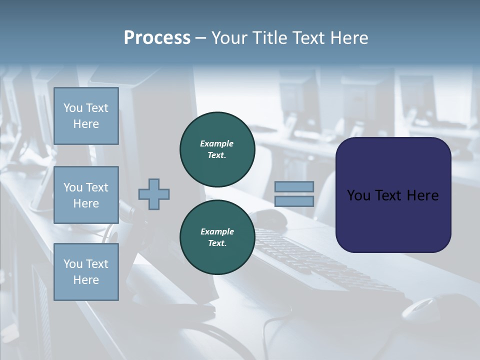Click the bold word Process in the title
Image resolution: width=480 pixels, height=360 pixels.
(x=157, y=38)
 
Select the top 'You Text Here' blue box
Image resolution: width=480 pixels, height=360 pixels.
(x=86, y=116)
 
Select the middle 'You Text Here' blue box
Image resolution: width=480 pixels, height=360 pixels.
(x=86, y=195)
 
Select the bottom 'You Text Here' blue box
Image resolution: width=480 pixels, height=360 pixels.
(x=86, y=272)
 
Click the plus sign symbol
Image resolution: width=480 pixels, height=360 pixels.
(x=154, y=193)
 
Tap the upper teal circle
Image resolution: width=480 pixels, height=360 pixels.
(x=217, y=149)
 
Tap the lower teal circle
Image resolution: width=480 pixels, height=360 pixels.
(x=217, y=237)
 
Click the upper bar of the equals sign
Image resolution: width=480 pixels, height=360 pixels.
(x=294, y=186)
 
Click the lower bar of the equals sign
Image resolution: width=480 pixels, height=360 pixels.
(x=294, y=201)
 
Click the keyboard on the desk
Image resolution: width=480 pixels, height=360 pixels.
(x=320, y=260)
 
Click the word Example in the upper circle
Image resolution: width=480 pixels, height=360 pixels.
(x=217, y=143)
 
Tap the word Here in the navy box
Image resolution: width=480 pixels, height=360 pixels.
(x=422, y=195)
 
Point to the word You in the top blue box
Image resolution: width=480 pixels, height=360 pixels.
(x=72, y=108)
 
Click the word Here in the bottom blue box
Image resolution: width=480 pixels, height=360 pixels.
(x=86, y=280)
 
